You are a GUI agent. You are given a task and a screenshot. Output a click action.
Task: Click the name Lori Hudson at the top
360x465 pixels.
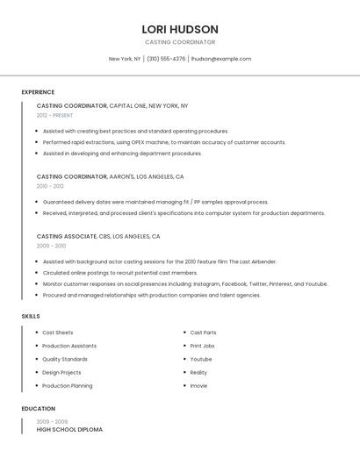coord(179,29)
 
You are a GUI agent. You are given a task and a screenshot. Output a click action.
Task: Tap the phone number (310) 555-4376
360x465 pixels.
coord(166,59)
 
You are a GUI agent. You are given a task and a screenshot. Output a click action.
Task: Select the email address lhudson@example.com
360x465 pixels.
coord(220,59)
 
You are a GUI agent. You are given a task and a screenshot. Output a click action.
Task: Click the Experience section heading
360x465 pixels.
coord(38,92)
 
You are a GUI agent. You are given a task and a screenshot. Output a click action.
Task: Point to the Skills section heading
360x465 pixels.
coord(31,316)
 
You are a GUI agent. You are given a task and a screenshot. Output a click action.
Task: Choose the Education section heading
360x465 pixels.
coord(38,409)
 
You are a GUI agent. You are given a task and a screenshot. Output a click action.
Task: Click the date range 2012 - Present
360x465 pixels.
coord(55,115)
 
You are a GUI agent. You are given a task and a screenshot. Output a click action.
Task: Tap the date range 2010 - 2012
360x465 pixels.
coord(50,186)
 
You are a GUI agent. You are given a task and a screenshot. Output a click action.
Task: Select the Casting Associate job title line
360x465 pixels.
coord(98,236)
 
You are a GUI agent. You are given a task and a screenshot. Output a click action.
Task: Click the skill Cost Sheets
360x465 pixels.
coord(58,333)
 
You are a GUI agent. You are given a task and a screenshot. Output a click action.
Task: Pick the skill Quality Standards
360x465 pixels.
coord(65,359)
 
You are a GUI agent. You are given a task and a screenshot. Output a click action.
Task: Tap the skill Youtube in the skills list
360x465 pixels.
coord(201,359)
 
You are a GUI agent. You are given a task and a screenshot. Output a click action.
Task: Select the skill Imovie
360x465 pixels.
coord(199,386)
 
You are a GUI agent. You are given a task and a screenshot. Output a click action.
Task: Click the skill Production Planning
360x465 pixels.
coord(68,386)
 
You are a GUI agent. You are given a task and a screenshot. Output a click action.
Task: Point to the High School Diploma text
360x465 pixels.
coord(69,430)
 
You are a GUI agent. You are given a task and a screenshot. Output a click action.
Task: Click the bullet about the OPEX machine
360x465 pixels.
coord(164,142)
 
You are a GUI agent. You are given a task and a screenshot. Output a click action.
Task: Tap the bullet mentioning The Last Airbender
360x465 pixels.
coord(160,261)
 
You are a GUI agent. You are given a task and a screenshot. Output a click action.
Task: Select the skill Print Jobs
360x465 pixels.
coord(203,346)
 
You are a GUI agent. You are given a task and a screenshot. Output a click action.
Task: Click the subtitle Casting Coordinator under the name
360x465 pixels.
coord(179,42)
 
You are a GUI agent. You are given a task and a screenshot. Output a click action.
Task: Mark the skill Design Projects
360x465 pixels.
coord(62,372)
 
